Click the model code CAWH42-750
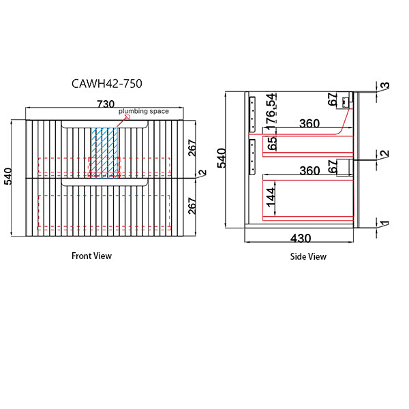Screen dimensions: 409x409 tap(107, 84)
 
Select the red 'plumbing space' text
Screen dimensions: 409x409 tap(144, 111)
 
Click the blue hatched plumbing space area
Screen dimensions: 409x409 tap(104, 154)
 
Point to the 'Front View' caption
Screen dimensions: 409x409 tap(91, 256)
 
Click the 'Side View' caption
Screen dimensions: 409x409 tap(308, 256)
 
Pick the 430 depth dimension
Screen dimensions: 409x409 tap(301, 239)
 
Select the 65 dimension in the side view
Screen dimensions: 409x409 tap(271, 144)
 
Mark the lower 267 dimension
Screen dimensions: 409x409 tap(192, 205)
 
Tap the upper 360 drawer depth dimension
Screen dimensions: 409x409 tap(309, 124)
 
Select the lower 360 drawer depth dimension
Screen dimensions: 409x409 tap(309, 170)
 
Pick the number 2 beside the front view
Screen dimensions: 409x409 tap(201, 174)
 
